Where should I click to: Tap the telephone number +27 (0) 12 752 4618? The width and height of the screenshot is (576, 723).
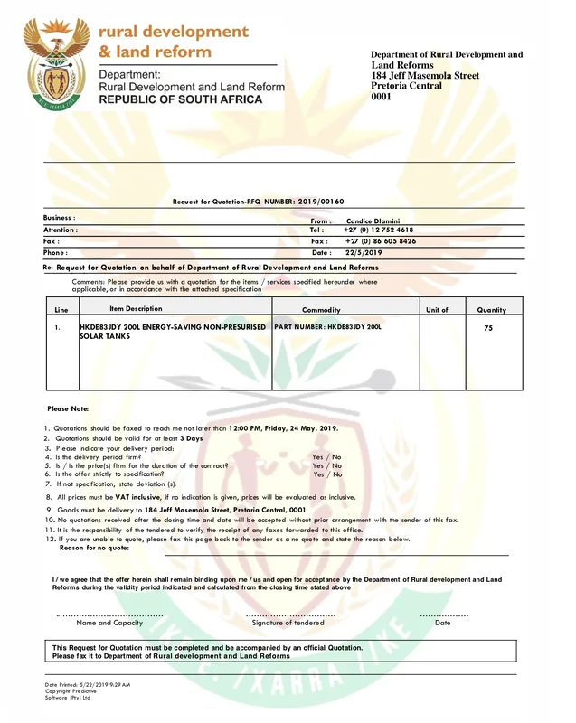pyautogui.click(x=380, y=230)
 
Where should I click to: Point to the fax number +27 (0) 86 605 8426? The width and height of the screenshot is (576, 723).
pyautogui.click(x=380, y=241)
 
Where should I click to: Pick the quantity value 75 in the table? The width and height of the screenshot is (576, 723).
pyautogui.click(x=488, y=328)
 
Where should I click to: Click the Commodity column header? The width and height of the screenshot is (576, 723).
pyautogui.click(x=321, y=310)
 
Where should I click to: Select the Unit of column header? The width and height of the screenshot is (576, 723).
pyautogui.click(x=437, y=310)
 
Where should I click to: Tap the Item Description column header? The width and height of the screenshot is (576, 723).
pyautogui.click(x=136, y=309)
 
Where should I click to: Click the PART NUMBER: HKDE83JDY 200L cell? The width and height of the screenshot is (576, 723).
pyautogui.click(x=327, y=326)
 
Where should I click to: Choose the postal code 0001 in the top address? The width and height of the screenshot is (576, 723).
pyautogui.click(x=381, y=97)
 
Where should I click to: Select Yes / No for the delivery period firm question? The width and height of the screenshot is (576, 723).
pyautogui.click(x=327, y=457)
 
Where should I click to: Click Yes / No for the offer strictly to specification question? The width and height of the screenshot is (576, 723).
pyautogui.click(x=327, y=474)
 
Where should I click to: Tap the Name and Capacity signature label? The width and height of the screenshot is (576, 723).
pyautogui.click(x=109, y=623)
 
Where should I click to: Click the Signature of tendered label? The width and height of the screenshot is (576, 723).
pyautogui.click(x=288, y=623)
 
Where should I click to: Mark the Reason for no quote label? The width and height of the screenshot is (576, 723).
pyautogui.click(x=94, y=548)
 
